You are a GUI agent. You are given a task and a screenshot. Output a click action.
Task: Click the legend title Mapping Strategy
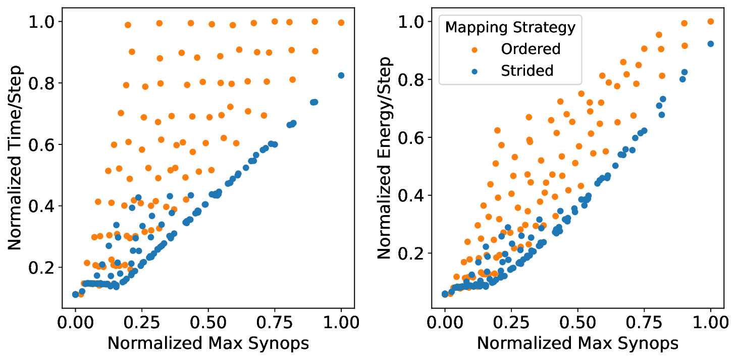point(510,27)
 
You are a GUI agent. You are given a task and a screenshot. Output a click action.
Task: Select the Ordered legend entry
point(530,49)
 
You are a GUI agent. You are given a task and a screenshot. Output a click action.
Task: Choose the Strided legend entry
point(527,71)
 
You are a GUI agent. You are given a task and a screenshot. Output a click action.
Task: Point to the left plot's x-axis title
point(208,343)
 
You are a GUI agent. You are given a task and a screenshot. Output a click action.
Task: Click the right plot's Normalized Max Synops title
point(577,343)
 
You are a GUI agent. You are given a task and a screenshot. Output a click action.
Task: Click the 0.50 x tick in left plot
point(208,322)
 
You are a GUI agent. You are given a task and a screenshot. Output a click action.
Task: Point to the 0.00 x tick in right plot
point(445,322)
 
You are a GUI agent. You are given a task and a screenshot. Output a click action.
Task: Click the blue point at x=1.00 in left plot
point(341,75)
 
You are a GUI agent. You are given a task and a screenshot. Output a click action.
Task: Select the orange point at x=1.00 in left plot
point(341,23)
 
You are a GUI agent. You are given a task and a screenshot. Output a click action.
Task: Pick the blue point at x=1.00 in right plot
point(711,44)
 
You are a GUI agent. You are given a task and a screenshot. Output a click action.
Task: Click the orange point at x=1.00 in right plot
point(711,21)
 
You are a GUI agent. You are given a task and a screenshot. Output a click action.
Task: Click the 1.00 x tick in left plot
point(341,322)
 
